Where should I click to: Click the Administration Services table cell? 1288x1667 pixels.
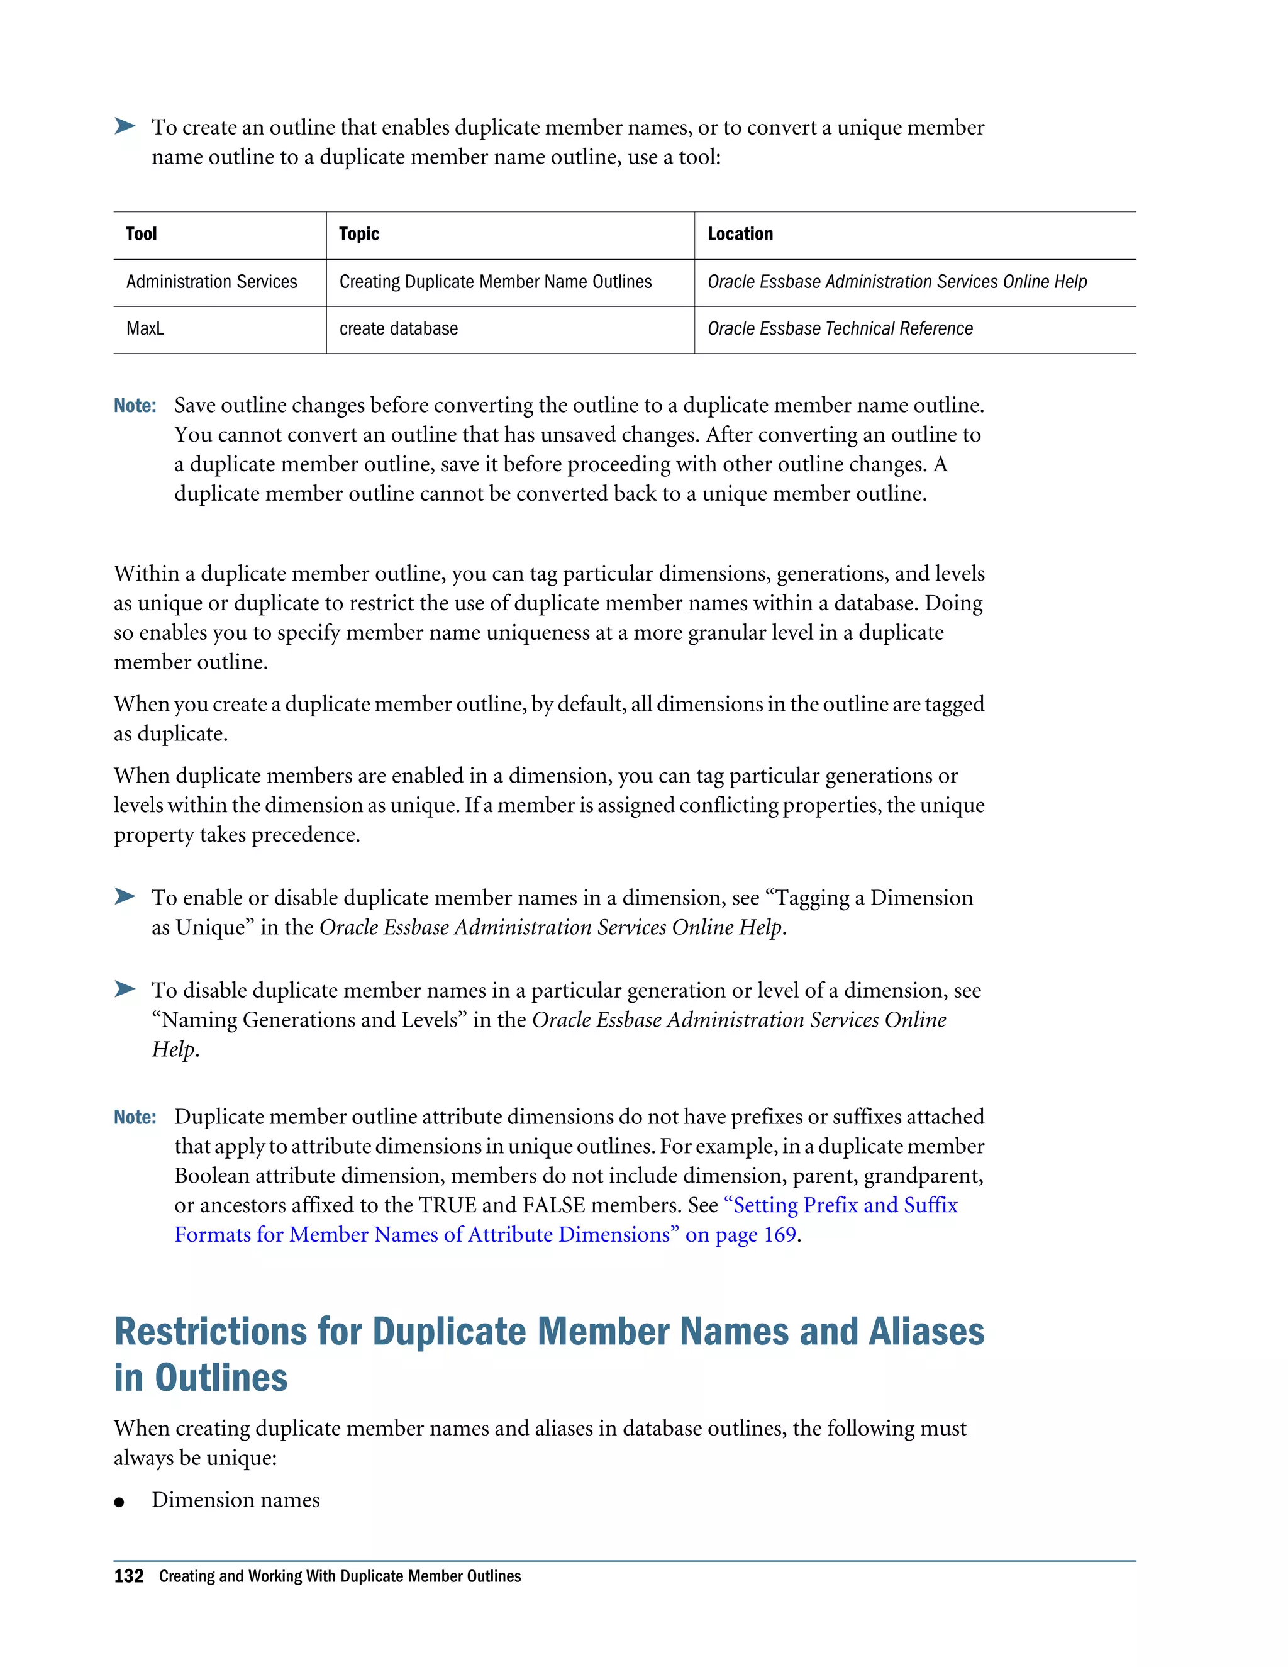point(211,282)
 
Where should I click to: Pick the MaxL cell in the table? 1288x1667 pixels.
point(145,328)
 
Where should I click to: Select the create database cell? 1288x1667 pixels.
point(398,328)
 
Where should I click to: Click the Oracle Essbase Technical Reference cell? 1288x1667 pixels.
point(840,328)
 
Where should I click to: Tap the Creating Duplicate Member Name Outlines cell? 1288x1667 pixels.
point(495,282)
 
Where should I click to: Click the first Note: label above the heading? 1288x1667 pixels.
point(135,405)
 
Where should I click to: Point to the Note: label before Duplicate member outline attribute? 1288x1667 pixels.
point(135,1117)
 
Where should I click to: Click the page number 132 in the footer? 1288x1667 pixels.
point(128,1576)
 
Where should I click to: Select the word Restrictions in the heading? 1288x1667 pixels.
point(211,1332)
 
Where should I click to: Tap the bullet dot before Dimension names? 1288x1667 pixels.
point(119,1502)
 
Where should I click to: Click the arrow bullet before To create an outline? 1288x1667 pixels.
point(125,126)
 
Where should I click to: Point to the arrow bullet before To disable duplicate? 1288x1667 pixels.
point(125,990)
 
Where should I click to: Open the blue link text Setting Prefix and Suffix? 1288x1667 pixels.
point(843,1205)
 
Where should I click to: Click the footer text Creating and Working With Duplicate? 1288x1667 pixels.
point(340,1576)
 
